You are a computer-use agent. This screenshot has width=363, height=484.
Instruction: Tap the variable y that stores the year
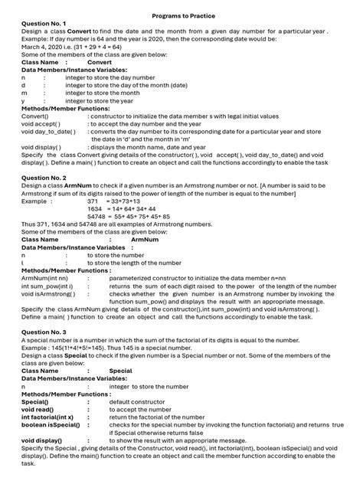pos(23,100)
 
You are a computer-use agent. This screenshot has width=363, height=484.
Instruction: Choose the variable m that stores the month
pos(24,92)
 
